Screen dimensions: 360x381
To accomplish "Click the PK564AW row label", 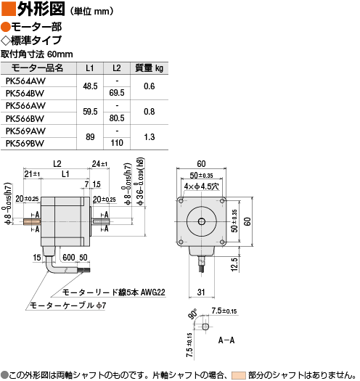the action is (25, 81).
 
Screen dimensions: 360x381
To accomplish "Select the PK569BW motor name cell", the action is (25, 144).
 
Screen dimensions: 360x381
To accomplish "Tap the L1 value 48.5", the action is (90, 86).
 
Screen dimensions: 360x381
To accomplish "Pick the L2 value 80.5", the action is (117, 118).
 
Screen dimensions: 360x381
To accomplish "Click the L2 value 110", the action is (117, 143).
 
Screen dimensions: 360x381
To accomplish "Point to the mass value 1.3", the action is (150, 137).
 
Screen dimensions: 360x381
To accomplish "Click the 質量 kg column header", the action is (150, 68).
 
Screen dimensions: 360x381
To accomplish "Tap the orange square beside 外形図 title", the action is (9, 9).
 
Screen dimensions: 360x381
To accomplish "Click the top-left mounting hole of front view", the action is (181, 201).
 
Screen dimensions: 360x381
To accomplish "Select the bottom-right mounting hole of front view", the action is (222, 242).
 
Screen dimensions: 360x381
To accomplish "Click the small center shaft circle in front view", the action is (202, 221).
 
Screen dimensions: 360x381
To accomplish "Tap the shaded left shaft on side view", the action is (32, 221).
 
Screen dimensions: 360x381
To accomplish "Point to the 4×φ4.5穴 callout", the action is (202, 187).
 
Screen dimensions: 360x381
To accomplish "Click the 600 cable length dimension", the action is (69, 258).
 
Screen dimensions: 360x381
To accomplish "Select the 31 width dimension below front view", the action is (201, 292).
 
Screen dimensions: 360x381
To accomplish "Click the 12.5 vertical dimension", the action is (234, 264).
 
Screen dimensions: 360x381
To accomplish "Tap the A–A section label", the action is (226, 340).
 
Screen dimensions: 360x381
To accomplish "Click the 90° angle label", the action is (193, 314).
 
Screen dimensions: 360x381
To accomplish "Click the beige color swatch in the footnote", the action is (239, 375).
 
